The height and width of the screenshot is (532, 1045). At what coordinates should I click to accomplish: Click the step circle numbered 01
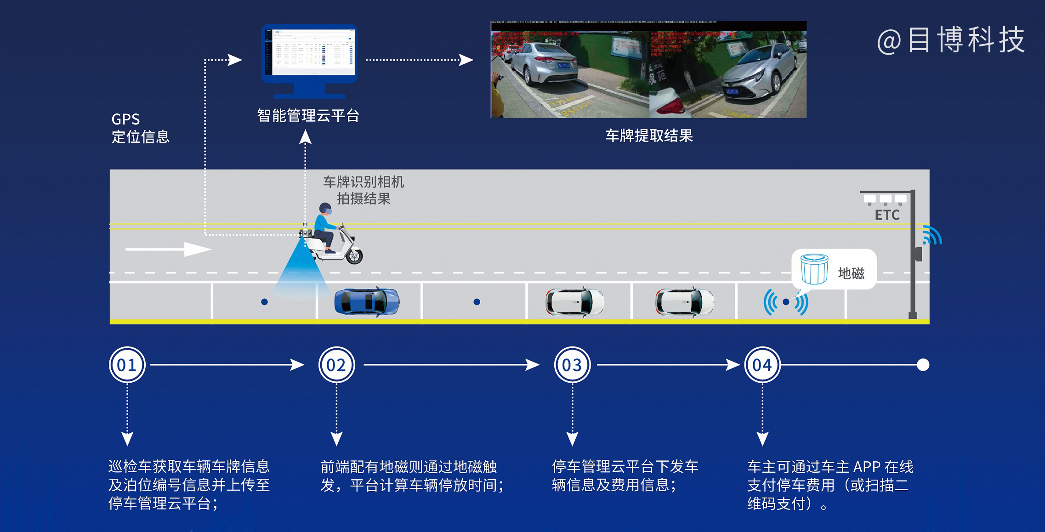127,365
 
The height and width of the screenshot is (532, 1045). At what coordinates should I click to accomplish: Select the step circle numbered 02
336,365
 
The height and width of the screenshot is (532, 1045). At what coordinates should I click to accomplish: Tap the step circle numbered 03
572,365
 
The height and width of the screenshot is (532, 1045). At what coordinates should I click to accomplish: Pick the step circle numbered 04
762,365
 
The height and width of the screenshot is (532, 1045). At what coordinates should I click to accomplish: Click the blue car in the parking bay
367,301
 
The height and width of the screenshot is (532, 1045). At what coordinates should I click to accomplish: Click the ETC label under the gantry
887,215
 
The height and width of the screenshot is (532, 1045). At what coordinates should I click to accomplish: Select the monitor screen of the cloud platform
309,53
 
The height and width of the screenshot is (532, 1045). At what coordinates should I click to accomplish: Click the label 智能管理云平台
308,116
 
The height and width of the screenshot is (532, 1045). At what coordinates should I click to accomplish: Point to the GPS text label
125,119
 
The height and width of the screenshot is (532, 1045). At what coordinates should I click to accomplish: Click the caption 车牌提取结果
649,136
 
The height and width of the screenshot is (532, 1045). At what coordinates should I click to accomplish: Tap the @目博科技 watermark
951,40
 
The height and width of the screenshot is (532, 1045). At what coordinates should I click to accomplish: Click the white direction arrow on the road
168,249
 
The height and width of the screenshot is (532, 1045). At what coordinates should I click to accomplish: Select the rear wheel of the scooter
354,255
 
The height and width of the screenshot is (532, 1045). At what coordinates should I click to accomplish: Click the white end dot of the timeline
923,365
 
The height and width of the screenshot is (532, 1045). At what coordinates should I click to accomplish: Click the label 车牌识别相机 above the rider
363,182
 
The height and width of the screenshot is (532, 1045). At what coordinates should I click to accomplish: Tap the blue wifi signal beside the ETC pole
932,235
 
